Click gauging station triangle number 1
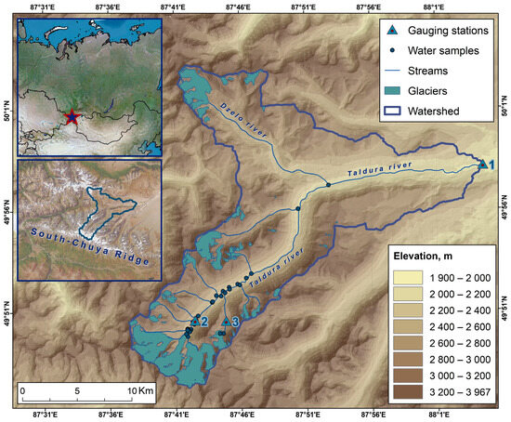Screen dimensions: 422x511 (x=483, y=164)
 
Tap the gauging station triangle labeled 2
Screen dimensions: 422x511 (x=192, y=323)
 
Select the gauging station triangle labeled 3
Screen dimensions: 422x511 (x=225, y=322)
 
